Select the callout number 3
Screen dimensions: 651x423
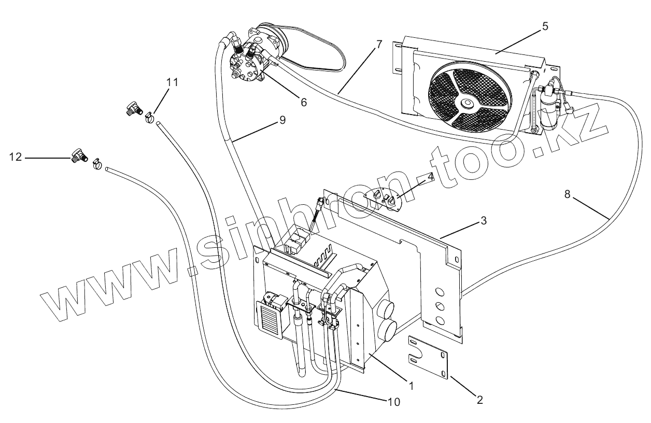click(x=483, y=220)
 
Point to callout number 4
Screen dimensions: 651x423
click(x=430, y=176)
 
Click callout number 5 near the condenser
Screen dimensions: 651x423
click(x=545, y=26)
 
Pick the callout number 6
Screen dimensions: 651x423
click(x=303, y=102)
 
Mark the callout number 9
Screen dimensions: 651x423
click(x=282, y=120)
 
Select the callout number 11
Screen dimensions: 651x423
click(x=172, y=82)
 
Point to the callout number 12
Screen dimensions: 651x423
click(x=16, y=156)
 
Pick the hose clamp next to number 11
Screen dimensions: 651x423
click(x=149, y=118)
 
